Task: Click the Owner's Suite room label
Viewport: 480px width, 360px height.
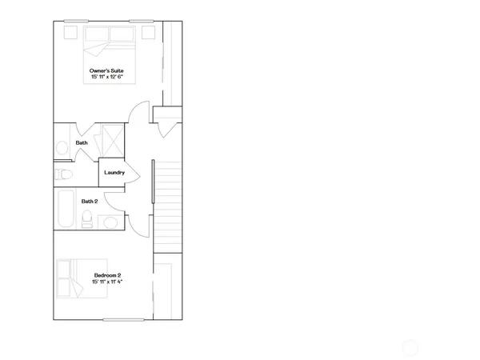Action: click(107, 70)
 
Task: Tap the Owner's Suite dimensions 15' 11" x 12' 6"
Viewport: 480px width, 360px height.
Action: click(107, 78)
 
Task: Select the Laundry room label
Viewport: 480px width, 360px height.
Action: click(114, 172)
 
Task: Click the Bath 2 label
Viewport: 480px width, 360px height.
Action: click(90, 201)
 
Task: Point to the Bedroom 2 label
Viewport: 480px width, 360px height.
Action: click(107, 275)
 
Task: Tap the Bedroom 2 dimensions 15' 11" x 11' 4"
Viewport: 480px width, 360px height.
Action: click(107, 282)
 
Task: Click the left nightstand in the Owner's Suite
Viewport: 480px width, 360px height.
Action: click(68, 33)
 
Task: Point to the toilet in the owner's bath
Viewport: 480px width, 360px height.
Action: click(63, 174)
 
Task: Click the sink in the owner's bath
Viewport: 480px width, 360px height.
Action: click(62, 147)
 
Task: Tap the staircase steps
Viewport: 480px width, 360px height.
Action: click(168, 204)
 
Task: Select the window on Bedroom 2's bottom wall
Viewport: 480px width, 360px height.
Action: click(124, 320)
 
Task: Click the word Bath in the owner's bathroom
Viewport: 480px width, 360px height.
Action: click(82, 142)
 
